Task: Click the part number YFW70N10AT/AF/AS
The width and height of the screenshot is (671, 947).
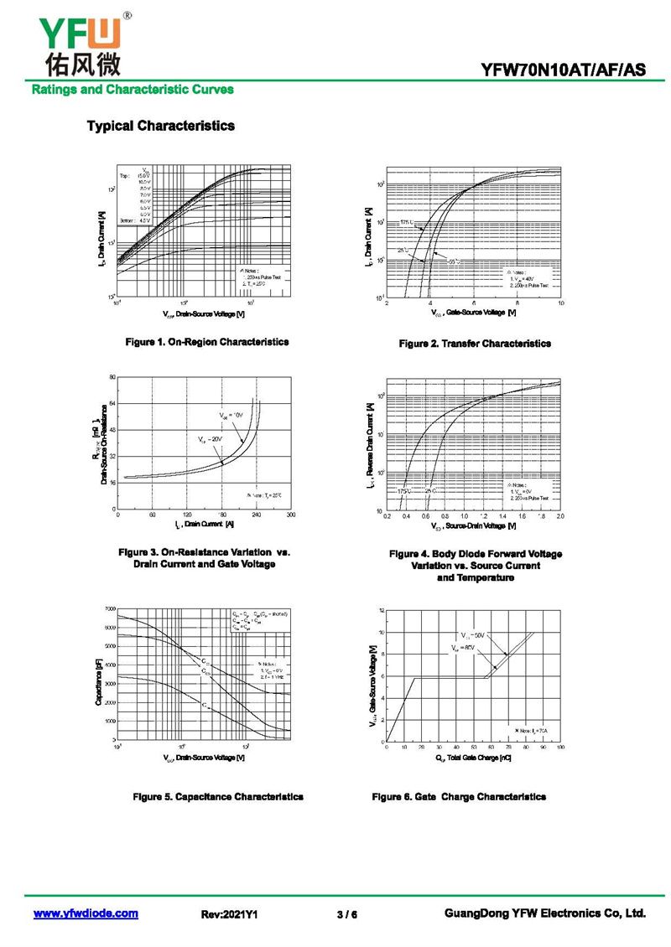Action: (x=564, y=70)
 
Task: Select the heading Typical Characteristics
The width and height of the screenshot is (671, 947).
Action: (x=160, y=126)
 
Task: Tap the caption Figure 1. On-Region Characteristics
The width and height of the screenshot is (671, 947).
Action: (x=206, y=342)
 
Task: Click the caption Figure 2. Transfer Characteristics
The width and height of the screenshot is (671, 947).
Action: (x=475, y=344)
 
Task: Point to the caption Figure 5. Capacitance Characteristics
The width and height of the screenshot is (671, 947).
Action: (x=218, y=796)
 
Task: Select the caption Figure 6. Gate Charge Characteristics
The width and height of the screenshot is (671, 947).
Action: (x=459, y=796)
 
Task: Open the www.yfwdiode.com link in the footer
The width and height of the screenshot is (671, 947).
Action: (x=86, y=913)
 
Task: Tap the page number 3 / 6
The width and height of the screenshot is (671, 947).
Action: (x=346, y=914)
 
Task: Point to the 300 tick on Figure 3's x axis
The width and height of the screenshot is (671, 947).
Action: (x=290, y=515)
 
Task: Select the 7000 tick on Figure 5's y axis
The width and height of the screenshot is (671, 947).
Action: (x=110, y=608)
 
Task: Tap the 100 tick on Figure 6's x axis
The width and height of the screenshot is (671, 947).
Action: (x=559, y=747)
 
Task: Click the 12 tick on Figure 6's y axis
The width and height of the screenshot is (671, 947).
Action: (x=381, y=610)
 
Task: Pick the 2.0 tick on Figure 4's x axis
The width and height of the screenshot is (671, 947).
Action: (x=559, y=516)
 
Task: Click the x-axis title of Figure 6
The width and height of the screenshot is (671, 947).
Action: (x=473, y=758)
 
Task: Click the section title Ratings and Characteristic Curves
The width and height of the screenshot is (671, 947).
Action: (x=133, y=89)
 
